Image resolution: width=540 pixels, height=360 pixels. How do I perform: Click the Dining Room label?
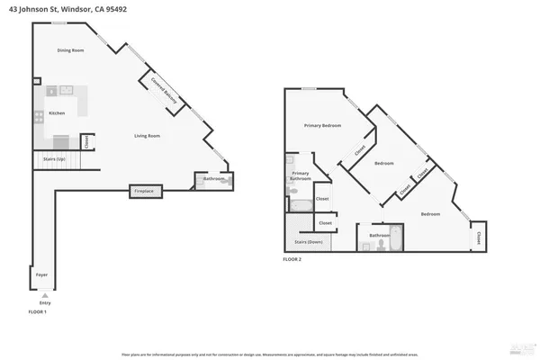click(x=70, y=50)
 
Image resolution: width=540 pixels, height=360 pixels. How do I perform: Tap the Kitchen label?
click(x=57, y=113)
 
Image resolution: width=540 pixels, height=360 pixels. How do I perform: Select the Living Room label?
click(x=148, y=136)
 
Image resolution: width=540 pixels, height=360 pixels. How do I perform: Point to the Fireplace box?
click(x=144, y=192)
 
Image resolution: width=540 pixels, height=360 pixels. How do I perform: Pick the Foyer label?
click(x=40, y=273)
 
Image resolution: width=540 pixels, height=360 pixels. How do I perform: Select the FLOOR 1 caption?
click(x=38, y=311)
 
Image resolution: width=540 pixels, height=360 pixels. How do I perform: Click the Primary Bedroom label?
click(x=322, y=126)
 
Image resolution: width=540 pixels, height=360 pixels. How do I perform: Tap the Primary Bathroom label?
click(x=301, y=175)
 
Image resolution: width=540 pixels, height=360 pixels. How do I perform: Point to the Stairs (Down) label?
click(x=309, y=242)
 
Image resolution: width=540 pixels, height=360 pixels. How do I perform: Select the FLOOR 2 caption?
click(x=292, y=259)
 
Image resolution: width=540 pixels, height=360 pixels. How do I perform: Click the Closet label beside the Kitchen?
click(x=86, y=140)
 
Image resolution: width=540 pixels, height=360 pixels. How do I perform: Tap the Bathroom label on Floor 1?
click(x=213, y=179)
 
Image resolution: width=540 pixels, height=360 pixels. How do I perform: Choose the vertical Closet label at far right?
click(x=478, y=238)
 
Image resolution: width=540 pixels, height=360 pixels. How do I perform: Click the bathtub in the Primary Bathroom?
click(x=301, y=204)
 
